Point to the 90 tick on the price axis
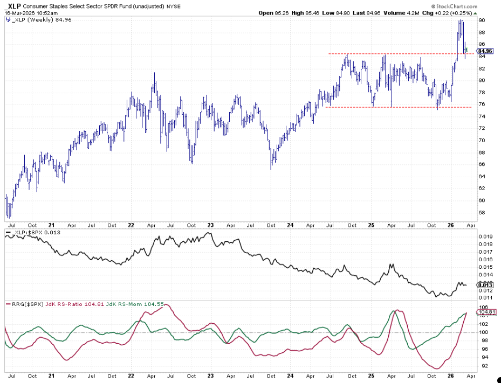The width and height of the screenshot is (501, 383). [481, 20]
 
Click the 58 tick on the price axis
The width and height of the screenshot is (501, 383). [481, 212]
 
